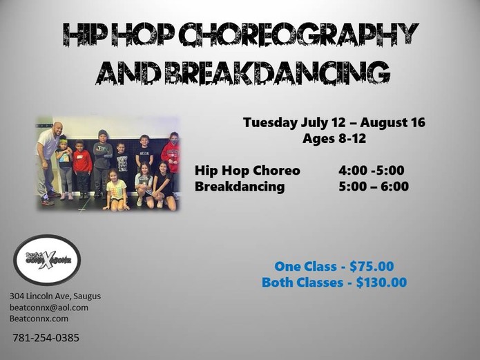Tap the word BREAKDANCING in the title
pos(278,73)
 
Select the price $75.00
pos(372,266)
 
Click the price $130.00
pos(381,282)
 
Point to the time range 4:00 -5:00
pos(371,171)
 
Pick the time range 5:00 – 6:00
pos(374,187)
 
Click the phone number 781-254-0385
pos(46,338)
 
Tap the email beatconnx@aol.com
pos(49,307)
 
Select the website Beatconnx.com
pos(39,319)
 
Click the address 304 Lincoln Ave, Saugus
pos(55,296)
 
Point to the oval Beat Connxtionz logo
pos(47,260)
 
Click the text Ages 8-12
pos(334,138)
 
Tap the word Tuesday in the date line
pos(270,122)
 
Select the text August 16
pos(393,122)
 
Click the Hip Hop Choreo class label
pos(247,171)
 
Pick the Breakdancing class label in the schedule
pos(240,187)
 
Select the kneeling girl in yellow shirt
pos(115,190)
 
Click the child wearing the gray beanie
pos(102,162)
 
